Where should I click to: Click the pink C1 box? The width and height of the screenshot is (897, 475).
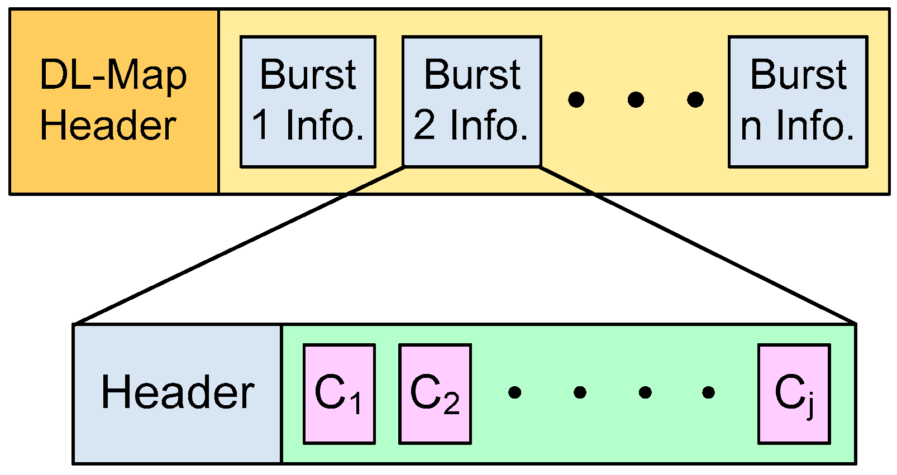(339, 394)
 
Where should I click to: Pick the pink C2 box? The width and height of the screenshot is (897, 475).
(435, 394)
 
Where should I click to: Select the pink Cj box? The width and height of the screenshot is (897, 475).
(794, 394)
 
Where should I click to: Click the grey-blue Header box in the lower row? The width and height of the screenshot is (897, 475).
(178, 394)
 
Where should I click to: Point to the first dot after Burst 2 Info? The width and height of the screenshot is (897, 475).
(576, 100)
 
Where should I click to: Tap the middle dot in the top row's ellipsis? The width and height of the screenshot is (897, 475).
(636, 100)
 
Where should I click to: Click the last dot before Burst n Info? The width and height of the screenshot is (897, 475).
(695, 100)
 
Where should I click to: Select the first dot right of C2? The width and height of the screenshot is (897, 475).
(515, 392)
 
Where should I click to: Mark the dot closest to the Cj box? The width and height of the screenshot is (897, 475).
(708, 392)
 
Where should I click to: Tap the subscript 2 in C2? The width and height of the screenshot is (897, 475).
(451, 404)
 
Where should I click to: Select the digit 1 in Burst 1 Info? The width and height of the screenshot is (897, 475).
(261, 125)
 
